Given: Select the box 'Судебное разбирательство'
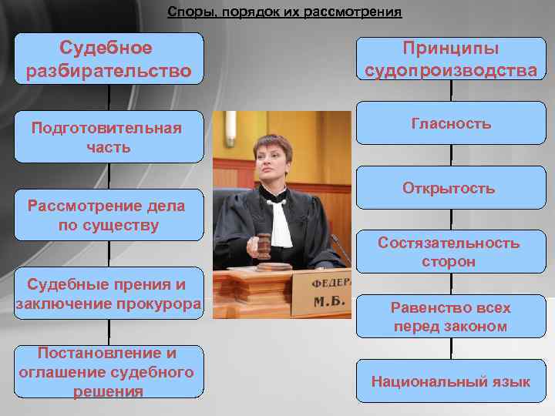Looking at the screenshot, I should coord(109,60).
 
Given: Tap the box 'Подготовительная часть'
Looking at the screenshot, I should coord(109,137).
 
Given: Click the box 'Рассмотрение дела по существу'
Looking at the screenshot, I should coord(109,216).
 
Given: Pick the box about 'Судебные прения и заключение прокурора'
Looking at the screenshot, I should coord(109,294).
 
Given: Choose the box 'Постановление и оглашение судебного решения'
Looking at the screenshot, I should coord(109,372).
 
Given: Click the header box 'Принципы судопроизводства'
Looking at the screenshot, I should coord(451,60).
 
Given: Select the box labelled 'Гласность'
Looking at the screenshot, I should coord(451,124).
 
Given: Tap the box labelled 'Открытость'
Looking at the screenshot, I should coord(451,189).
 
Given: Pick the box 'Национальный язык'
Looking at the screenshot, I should coord(451,381).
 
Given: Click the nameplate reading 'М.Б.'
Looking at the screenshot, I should coord(328,296).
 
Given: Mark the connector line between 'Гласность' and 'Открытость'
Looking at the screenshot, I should coord(451,156).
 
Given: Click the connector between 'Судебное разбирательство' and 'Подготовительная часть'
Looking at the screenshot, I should coord(109,98).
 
